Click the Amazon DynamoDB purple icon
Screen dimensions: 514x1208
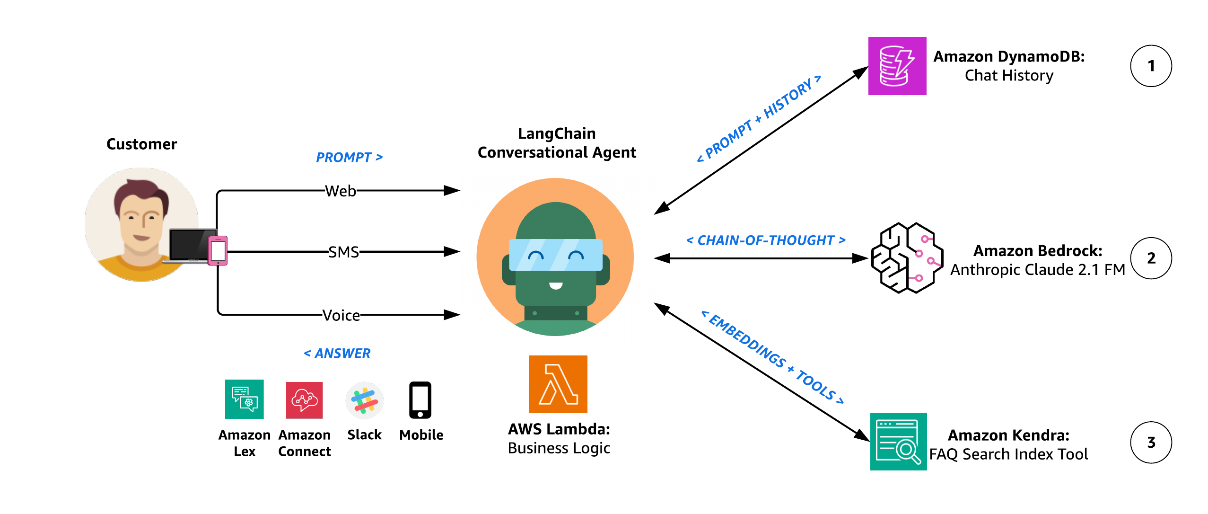click(897, 66)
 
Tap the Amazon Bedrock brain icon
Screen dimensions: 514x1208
click(906, 258)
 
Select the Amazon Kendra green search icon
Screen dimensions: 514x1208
click(898, 441)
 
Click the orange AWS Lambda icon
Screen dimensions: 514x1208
click(558, 384)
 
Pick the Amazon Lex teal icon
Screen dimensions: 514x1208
click(244, 399)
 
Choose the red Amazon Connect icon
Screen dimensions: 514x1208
click(304, 400)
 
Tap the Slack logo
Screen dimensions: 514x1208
click(364, 400)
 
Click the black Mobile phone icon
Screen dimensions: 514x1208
click(420, 400)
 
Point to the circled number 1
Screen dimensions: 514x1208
click(1150, 66)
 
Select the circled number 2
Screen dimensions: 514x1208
click(1150, 258)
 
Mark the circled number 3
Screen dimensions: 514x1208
click(1150, 442)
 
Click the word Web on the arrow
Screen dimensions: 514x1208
click(341, 191)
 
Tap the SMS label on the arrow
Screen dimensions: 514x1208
click(344, 252)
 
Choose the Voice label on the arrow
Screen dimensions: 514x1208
click(341, 315)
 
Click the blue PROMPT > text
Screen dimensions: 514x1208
click(349, 157)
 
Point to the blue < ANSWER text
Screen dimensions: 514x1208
click(337, 353)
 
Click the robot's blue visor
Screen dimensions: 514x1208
click(555, 255)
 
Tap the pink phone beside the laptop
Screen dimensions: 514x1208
click(218, 250)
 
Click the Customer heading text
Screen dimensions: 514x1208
click(141, 144)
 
